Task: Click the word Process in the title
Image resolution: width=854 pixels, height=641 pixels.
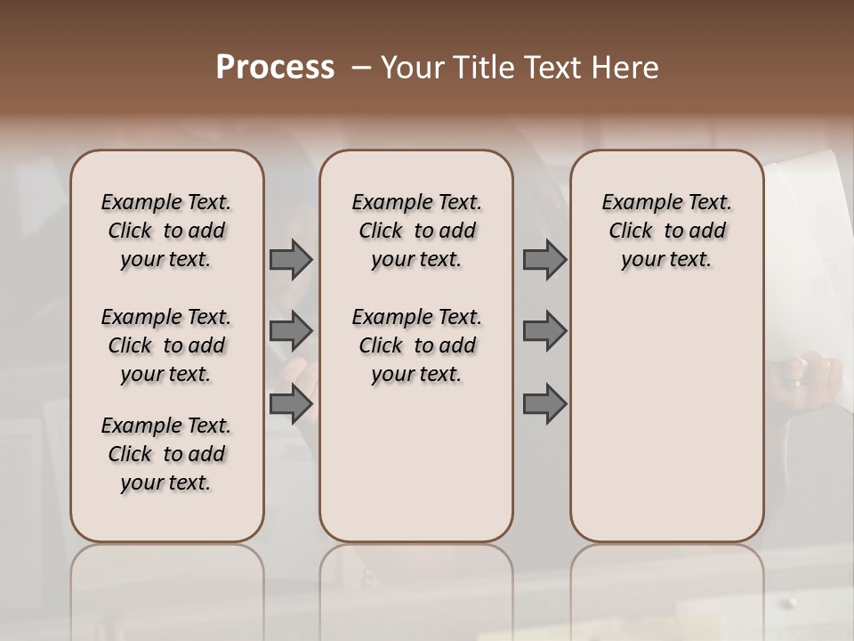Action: click(x=275, y=68)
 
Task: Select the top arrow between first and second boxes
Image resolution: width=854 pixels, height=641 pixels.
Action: click(x=290, y=260)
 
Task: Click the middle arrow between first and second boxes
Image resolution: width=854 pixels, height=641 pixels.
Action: click(x=290, y=331)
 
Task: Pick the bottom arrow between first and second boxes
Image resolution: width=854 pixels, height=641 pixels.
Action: click(x=290, y=403)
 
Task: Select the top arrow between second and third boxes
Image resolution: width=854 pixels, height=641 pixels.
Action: click(x=544, y=260)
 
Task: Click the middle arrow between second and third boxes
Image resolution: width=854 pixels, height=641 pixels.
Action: click(x=544, y=331)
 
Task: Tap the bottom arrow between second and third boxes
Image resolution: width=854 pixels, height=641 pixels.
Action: click(x=544, y=404)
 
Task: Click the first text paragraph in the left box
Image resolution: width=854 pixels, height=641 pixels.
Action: click(x=166, y=231)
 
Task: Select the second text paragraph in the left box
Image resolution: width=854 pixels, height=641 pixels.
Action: click(x=166, y=345)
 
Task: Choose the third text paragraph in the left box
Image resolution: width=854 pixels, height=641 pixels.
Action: click(x=166, y=454)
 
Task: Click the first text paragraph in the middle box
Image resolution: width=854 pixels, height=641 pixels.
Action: click(x=416, y=231)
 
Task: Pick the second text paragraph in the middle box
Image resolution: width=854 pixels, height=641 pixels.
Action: click(x=416, y=345)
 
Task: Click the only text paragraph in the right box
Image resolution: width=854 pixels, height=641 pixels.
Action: click(x=666, y=231)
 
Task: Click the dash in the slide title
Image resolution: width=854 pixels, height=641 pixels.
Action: click(x=361, y=68)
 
